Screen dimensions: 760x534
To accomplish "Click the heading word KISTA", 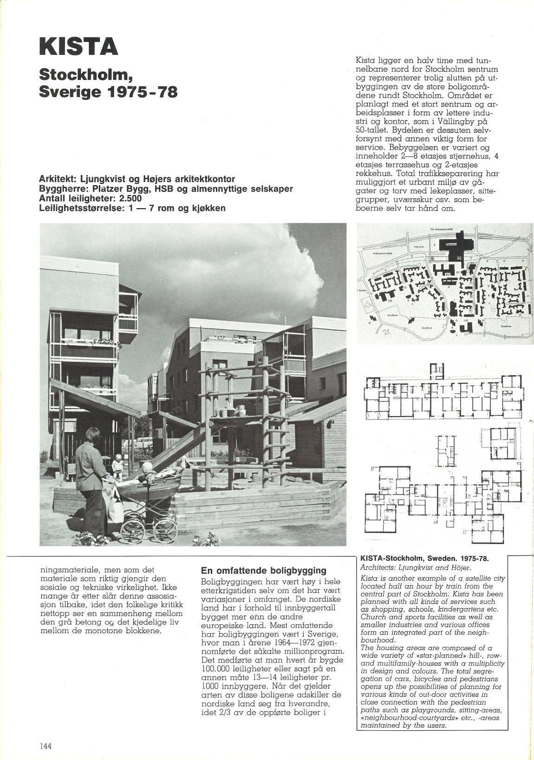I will [x=78, y=48].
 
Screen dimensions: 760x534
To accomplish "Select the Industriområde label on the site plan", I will [x=383, y=254].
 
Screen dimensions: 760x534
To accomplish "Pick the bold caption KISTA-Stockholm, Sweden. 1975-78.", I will [x=425, y=558].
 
